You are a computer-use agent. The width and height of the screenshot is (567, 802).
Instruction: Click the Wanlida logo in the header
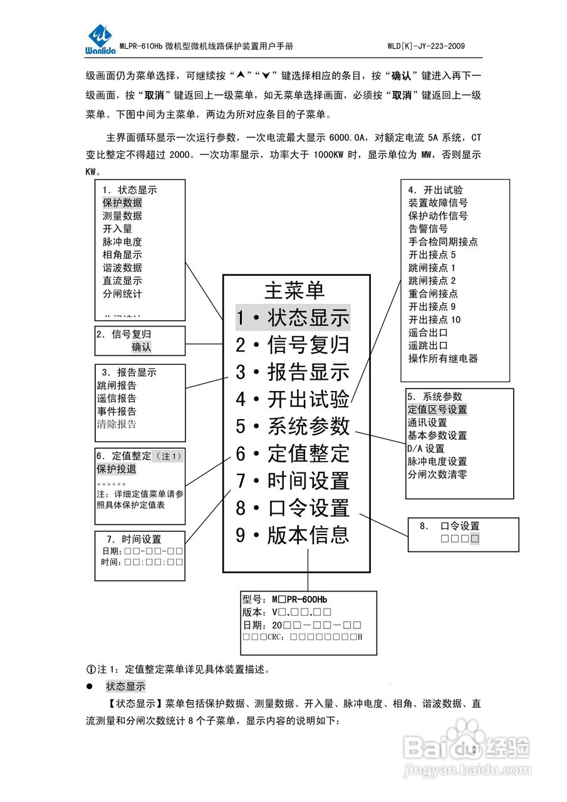coord(101,41)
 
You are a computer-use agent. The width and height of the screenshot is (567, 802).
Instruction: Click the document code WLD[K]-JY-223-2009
coord(426,46)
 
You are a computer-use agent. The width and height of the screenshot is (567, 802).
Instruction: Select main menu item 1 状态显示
coord(293,318)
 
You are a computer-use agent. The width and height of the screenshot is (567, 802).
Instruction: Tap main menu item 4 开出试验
coord(293,399)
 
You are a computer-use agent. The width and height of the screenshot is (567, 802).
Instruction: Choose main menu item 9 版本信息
coord(293,536)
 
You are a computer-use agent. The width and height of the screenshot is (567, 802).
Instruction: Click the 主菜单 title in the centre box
coord(294,291)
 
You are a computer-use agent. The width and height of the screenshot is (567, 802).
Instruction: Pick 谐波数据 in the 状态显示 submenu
coord(122,268)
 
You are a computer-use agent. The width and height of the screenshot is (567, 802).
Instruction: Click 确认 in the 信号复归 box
coord(142,347)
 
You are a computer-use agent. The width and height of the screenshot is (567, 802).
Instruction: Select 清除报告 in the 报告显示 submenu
coord(117,424)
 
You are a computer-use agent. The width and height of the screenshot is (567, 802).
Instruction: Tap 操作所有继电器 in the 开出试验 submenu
coord(443,358)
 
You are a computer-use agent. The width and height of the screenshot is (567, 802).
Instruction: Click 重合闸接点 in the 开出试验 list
coord(433,293)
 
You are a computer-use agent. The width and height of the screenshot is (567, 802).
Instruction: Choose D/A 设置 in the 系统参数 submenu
coord(426,449)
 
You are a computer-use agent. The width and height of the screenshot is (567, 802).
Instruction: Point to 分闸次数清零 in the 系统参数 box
coord(437,474)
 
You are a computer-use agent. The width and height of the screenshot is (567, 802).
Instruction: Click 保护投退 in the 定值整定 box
coord(117,469)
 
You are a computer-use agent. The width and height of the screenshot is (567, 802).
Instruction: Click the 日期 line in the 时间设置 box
coord(142,551)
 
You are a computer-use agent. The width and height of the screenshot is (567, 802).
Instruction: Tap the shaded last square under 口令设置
coord(475,538)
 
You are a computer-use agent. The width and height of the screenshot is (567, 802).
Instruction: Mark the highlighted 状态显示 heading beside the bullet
coord(125,686)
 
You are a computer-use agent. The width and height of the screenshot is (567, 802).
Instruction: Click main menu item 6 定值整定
coord(293,454)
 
